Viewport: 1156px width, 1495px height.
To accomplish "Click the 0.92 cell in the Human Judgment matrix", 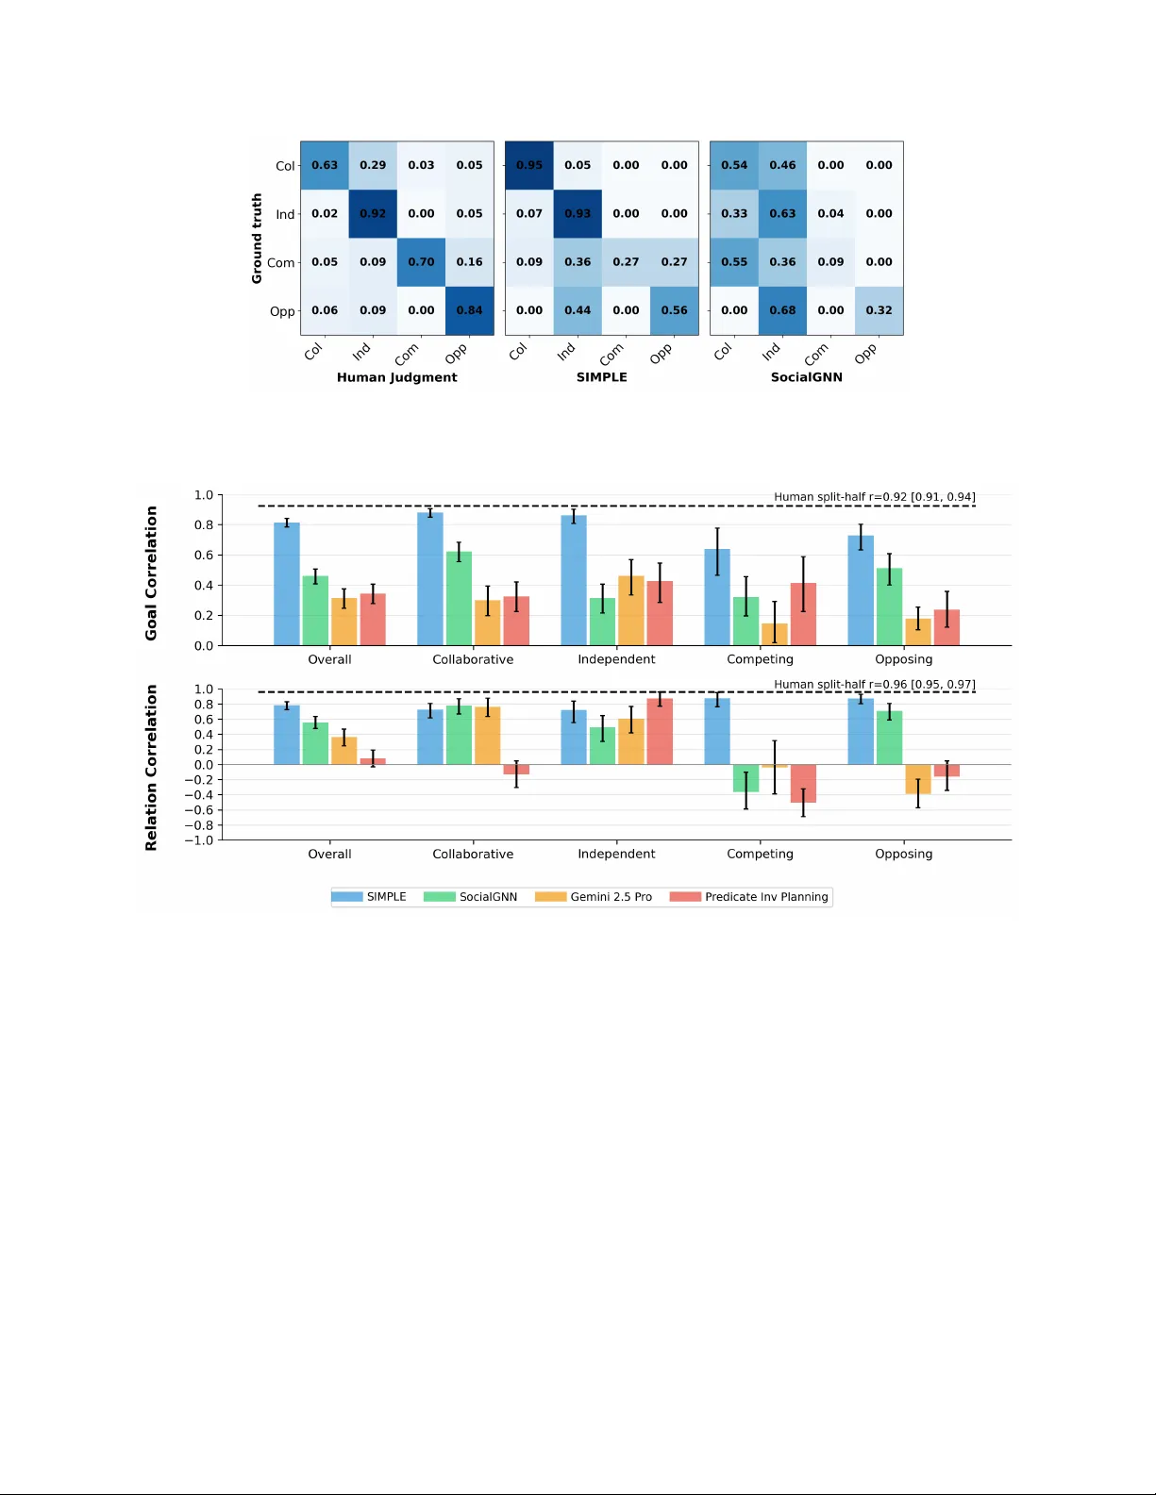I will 373,214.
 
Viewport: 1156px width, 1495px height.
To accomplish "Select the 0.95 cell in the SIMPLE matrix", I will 529,165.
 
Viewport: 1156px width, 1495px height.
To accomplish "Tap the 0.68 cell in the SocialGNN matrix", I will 782,310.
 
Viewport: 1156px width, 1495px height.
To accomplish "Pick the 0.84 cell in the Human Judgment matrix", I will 469,310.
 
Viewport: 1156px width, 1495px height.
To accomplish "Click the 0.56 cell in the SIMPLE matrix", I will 674,310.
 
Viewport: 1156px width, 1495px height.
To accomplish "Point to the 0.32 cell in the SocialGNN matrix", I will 879,310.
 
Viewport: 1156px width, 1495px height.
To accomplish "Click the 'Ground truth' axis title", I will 257,239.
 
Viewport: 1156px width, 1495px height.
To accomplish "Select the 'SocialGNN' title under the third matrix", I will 806,377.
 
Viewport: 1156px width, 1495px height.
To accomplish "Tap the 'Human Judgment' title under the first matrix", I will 396,377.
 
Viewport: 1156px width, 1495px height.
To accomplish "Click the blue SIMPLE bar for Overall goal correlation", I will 287,585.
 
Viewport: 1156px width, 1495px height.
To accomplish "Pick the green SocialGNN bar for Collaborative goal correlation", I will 459,599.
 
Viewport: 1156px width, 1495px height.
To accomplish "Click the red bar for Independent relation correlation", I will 660,732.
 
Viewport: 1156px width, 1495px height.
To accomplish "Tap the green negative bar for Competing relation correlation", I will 746,778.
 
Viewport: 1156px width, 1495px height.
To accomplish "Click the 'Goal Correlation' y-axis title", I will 151,573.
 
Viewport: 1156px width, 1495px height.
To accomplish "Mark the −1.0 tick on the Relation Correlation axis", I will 203,840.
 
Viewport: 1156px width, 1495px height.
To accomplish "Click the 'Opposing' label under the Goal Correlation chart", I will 903,659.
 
